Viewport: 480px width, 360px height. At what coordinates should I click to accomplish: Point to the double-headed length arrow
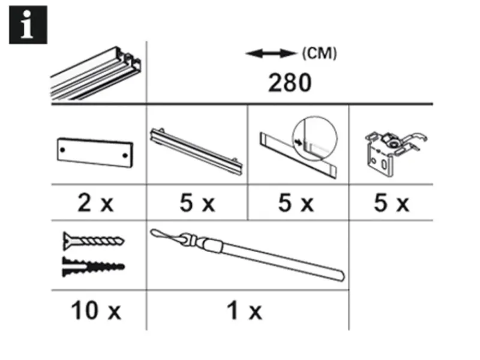click(x=271, y=55)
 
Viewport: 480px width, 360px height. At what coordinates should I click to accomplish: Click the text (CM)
click(x=319, y=53)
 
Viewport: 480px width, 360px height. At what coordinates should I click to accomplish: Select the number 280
click(x=290, y=82)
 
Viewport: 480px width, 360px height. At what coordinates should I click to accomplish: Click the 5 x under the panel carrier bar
click(x=197, y=204)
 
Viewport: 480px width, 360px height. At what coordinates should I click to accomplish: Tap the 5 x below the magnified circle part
click(x=296, y=204)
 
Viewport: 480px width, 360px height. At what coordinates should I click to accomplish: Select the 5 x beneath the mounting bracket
click(x=391, y=204)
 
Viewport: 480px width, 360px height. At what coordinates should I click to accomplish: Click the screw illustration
click(x=94, y=242)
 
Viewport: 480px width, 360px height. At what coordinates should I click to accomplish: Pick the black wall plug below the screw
click(x=94, y=265)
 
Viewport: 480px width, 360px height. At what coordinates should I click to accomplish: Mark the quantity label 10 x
click(x=95, y=311)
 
